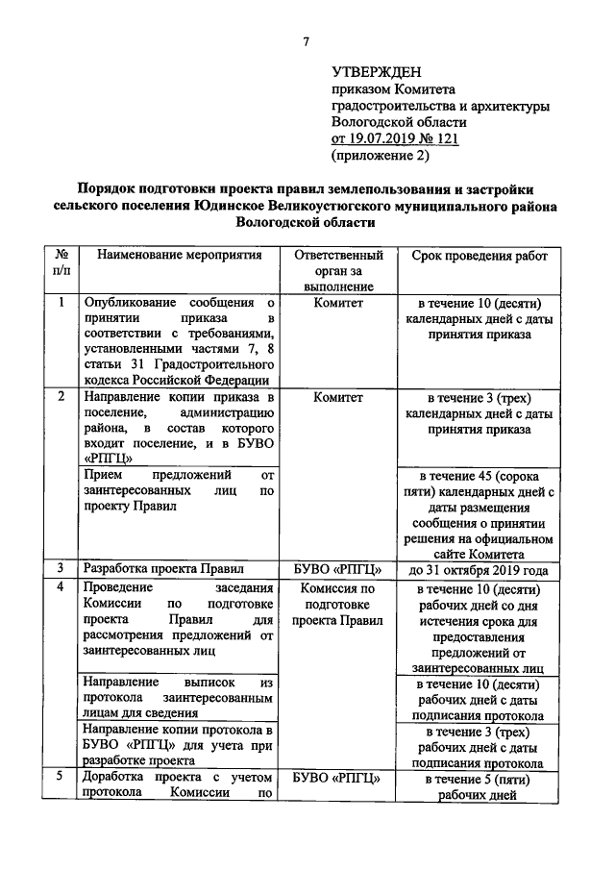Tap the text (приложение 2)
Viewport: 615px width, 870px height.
click(381, 156)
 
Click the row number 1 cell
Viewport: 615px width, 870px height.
click(61, 302)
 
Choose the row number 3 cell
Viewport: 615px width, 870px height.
click(61, 568)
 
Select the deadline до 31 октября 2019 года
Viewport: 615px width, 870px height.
click(479, 568)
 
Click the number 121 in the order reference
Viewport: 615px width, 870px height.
click(442, 139)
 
